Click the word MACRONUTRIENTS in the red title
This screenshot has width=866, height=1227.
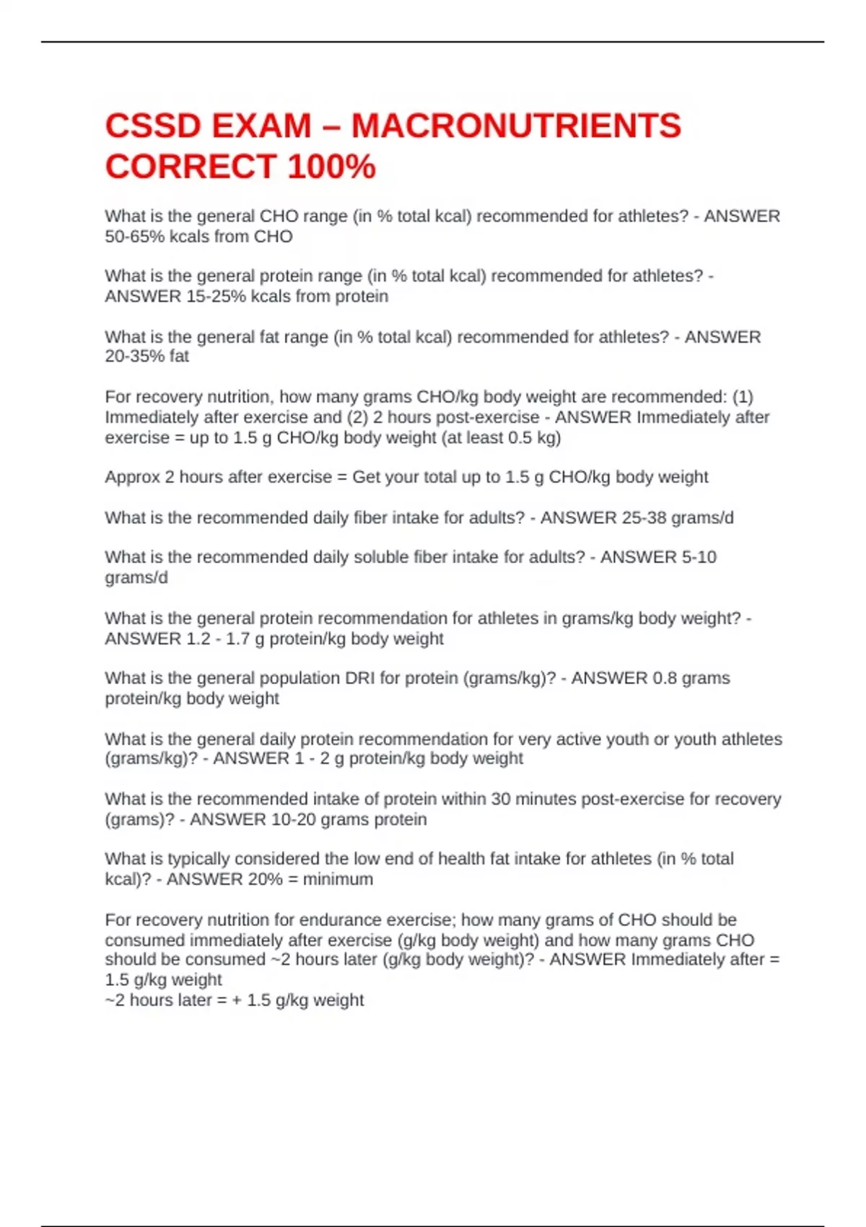[516, 126]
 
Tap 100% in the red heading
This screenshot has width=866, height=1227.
[331, 167]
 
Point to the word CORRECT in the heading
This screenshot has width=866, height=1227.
[191, 167]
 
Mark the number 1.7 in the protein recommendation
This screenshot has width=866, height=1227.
[237, 639]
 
